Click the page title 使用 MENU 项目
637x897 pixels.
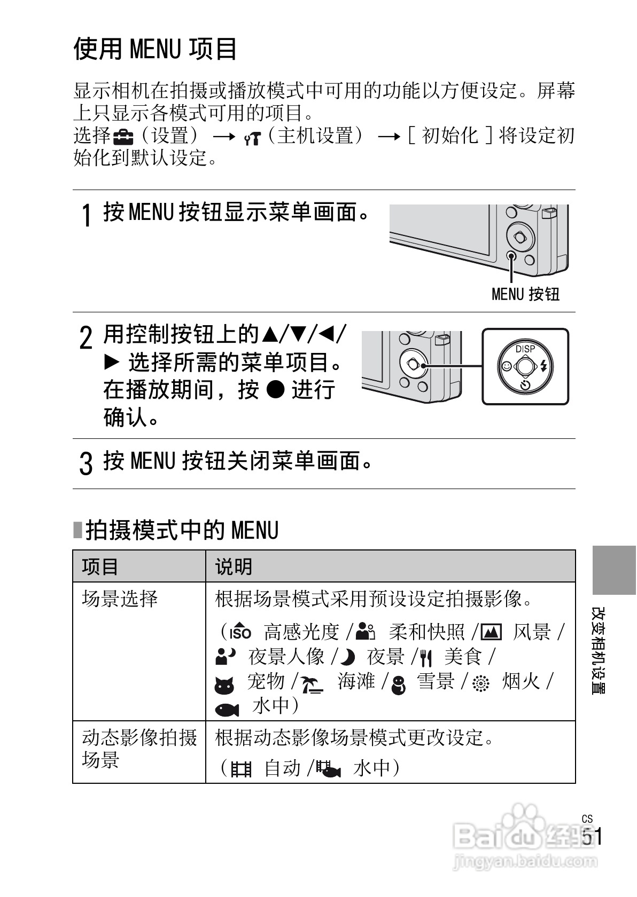coord(155,49)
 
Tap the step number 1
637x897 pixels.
coord(86,216)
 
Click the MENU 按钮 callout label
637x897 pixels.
coord(525,294)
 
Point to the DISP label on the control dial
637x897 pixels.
coord(525,349)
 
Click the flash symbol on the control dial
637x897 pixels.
coord(544,366)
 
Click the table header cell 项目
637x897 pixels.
coord(100,566)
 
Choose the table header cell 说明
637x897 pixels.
coord(234,566)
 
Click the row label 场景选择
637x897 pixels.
coord(120,599)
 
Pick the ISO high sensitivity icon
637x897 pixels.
coord(239,632)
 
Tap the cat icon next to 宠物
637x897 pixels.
coord(224,684)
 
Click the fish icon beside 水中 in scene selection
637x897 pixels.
coord(227,709)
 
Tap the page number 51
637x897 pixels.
coord(592,837)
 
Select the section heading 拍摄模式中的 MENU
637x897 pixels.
coord(182,530)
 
